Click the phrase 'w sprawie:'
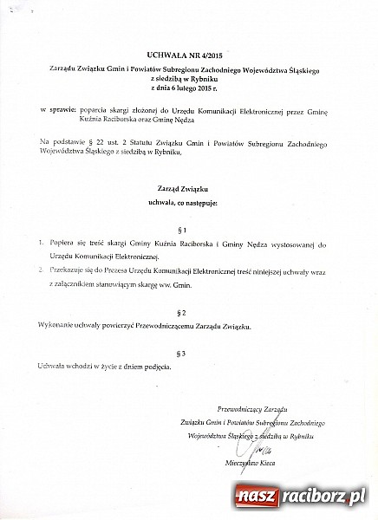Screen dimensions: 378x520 tap(57, 112)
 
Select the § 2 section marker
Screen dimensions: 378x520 tap(181, 310)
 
